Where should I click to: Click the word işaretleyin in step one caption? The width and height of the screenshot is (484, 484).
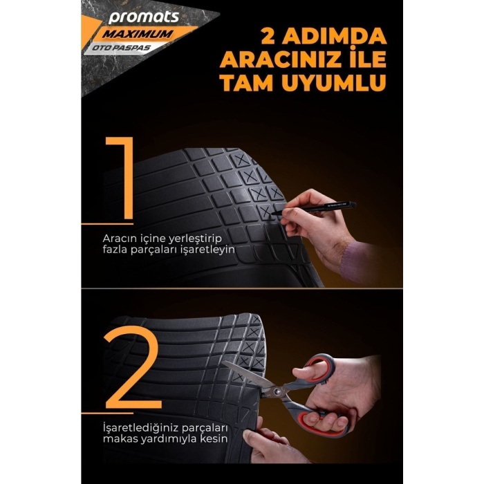(x=205, y=249)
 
